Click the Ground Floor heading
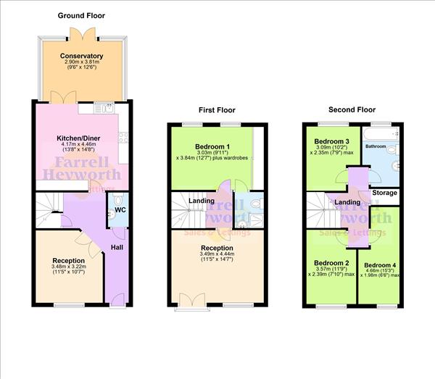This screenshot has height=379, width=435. coord(81,14)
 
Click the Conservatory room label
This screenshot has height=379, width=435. coord(81,56)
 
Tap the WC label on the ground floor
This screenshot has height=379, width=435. coord(120,212)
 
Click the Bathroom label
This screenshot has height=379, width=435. coord(376,146)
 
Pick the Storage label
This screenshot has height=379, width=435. coord(384,193)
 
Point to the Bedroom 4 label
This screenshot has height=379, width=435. coord(380,265)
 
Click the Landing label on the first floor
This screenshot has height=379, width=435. coord(201,201)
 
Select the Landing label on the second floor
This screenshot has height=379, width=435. coord(348,202)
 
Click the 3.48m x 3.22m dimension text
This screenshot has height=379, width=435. coord(69,267)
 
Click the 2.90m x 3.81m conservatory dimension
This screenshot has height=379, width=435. coord(81,63)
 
